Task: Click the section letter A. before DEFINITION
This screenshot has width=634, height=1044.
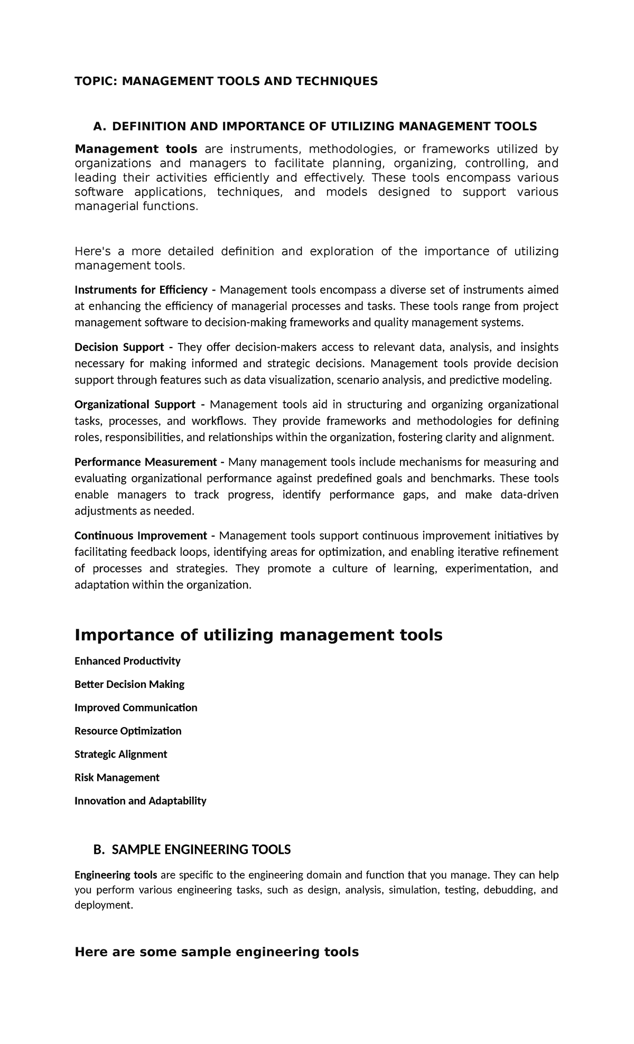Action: tap(99, 126)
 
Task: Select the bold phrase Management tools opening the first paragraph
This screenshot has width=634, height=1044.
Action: tap(136, 149)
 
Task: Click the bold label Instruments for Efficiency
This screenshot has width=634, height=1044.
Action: tap(141, 290)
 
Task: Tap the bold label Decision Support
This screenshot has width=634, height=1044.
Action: tap(119, 347)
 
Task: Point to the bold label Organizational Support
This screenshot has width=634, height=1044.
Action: tap(135, 405)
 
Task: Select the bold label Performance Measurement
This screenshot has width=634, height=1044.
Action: tap(146, 462)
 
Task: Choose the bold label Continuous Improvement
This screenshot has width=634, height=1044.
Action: tap(141, 536)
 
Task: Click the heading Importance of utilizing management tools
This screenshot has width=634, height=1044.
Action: tap(258, 635)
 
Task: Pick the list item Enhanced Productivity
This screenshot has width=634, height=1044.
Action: tap(127, 661)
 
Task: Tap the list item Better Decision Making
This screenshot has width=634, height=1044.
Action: tap(129, 684)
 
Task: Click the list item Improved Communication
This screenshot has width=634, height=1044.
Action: tap(136, 707)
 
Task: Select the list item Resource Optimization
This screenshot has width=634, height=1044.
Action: tap(128, 731)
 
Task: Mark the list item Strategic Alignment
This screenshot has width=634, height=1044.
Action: tap(120, 754)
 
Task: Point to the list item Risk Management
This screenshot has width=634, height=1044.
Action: tap(117, 777)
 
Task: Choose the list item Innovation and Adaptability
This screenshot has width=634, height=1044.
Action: tap(140, 800)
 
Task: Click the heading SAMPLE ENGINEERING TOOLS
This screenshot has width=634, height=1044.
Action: tap(201, 850)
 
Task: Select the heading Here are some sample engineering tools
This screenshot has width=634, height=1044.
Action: tap(217, 952)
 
